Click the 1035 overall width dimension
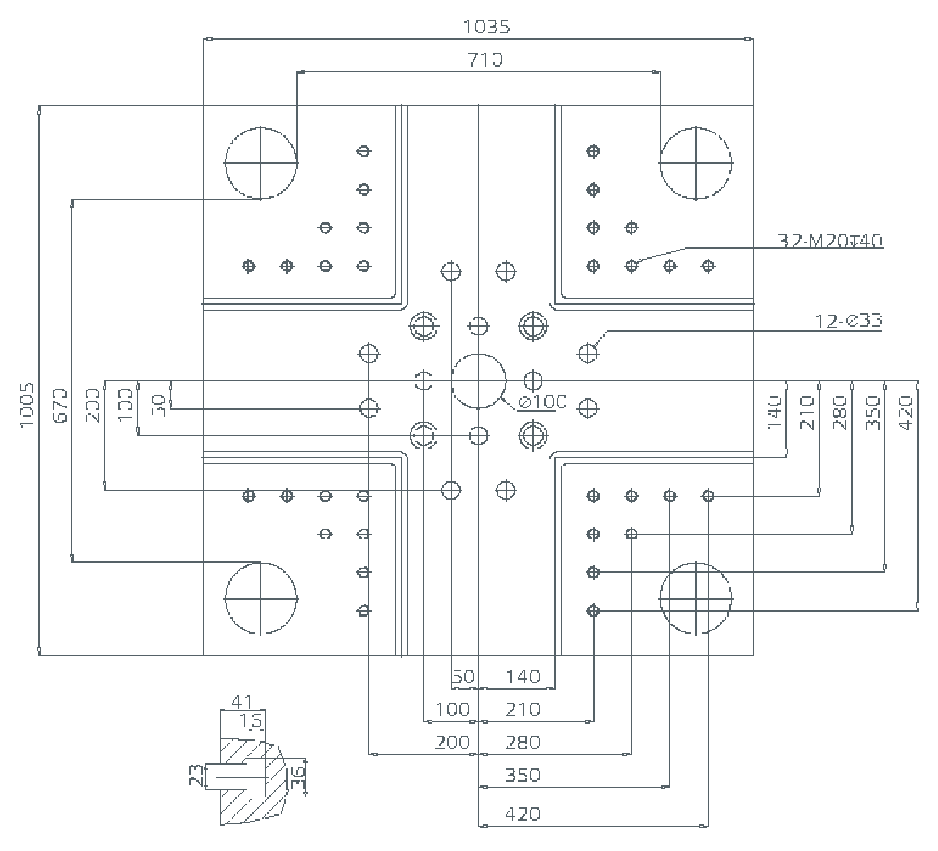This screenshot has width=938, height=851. [486, 27]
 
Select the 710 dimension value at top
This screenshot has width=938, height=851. [485, 60]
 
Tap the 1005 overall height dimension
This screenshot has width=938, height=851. [28, 405]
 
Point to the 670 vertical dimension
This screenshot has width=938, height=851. [60, 406]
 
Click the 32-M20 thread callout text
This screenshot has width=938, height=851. [830, 241]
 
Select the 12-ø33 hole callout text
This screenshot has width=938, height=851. [848, 321]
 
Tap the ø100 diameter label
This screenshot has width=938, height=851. [542, 402]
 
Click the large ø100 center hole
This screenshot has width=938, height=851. [479, 381]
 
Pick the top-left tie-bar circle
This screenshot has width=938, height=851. [260, 163]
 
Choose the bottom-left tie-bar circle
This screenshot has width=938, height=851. [260, 598]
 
